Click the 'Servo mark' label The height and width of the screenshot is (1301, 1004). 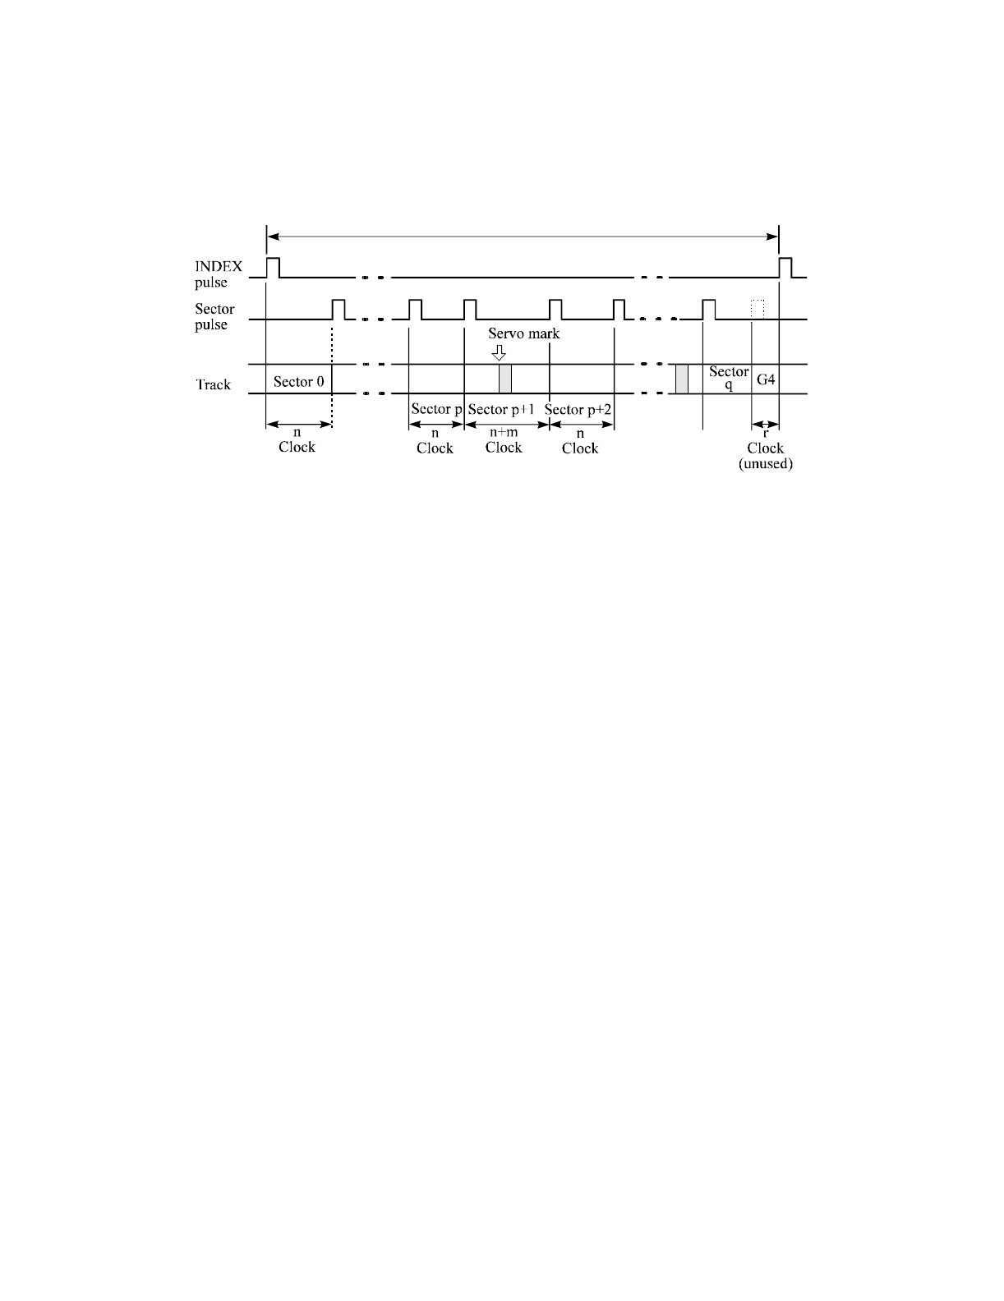pyautogui.click(x=523, y=333)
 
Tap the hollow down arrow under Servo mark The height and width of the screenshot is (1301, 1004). pyautogui.click(x=498, y=352)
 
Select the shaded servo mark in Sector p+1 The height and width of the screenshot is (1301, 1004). pyautogui.click(x=504, y=379)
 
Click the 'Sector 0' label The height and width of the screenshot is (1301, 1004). pyautogui.click(x=298, y=382)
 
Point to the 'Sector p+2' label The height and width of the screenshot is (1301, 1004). pyautogui.click(x=578, y=410)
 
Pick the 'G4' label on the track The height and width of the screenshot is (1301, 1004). pyautogui.click(x=766, y=380)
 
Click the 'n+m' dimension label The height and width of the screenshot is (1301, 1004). pyautogui.click(x=504, y=433)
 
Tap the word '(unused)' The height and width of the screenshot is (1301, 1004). pyautogui.click(x=766, y=464)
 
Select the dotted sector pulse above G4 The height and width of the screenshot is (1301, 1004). pyautogui.click(x=758, y=310)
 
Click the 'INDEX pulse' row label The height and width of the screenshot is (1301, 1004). pyautogui.click(x=218, y=274)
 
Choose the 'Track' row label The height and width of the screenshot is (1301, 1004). pyautogui.click(x=213, y=384)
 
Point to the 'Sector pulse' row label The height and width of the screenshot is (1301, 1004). pyautogui.click(x=214, y=317)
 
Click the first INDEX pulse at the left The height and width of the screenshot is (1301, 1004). pyautogui.click(x=274, y=267)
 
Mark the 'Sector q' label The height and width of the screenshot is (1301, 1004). pyautogui.click(x=729, y=378)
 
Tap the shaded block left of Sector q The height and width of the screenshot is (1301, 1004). pyautogui.click(x=681, y=379)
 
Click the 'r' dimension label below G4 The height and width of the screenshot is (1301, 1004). pyautogui.click(x=766, y=433)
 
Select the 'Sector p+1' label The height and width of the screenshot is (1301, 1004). pyautogui.click(x=501, y=410)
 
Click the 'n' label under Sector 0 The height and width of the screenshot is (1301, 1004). pyautogui.click(x=297, y=432)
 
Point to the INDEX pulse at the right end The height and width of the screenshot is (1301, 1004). pyautogui.click(x=785, y=267)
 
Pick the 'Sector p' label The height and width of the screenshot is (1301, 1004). pyautogui.click(x=435, y=410)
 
